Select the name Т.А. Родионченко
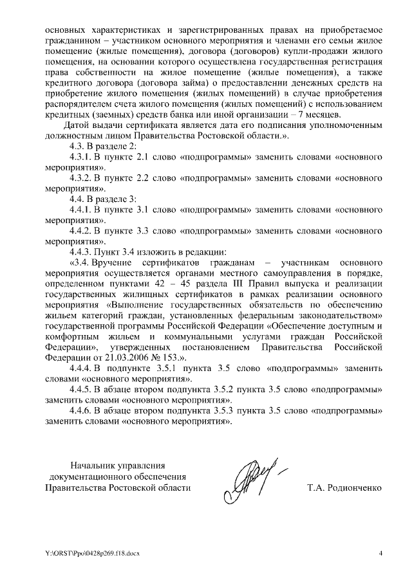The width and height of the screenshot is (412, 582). pyautogui.click(x=345, y=488)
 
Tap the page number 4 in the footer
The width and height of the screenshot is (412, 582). pyautogui.click(x=380, y=553)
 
